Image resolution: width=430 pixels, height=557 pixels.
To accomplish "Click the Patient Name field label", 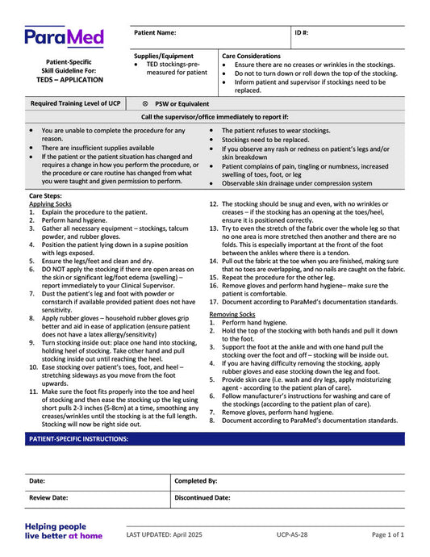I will [x=155, y=33].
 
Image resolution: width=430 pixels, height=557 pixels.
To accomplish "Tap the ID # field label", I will [x=303, y=33].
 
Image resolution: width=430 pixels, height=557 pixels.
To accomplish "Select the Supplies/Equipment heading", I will [x=164, y=56].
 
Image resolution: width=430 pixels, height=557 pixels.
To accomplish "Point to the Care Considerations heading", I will [x=251, y=56].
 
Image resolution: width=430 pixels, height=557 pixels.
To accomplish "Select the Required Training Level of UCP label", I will [x=75, y=103].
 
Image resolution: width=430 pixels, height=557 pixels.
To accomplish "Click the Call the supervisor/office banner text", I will [x=215, y=117].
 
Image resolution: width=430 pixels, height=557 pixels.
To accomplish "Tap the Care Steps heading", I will [x=45, y=196].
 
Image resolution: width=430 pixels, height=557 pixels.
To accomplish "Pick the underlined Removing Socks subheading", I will [x=232, y=313].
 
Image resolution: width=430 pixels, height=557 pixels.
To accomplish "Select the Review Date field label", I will [x=49, y=498].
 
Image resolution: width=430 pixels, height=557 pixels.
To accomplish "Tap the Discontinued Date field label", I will [x=202, y=498].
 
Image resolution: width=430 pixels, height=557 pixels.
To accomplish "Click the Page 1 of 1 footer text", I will [x=387, y=534].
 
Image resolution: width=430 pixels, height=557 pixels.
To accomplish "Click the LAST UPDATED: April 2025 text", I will [x=170, y=534].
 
